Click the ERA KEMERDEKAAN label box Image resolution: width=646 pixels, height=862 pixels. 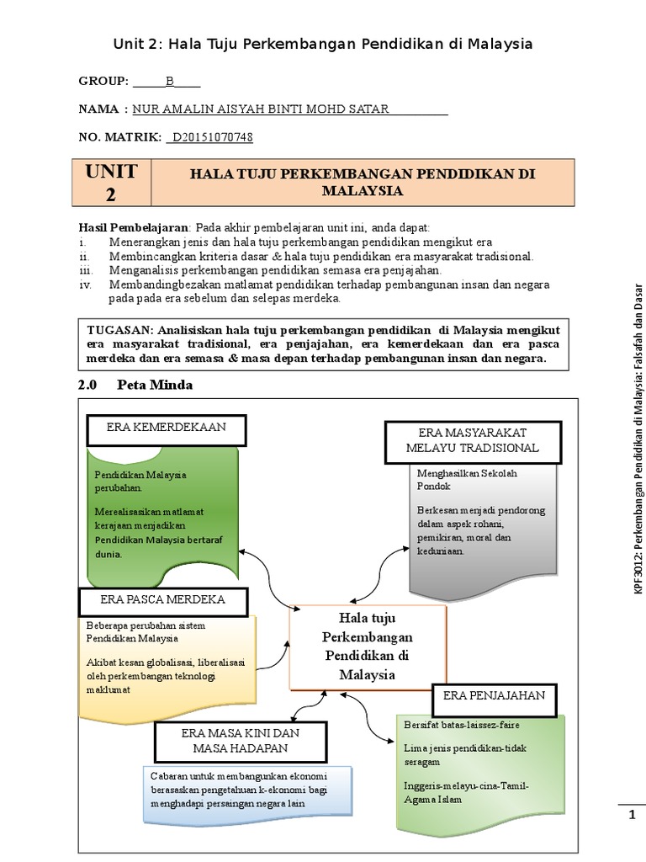166,428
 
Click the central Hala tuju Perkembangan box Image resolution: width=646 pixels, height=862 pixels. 367,647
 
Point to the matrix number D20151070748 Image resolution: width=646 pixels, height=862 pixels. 212,137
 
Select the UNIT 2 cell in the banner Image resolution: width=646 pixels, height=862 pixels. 111,183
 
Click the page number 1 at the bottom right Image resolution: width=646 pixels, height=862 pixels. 633,815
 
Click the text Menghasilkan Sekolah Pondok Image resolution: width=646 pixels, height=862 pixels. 467,480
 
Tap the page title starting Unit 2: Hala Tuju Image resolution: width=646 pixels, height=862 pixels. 323,44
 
